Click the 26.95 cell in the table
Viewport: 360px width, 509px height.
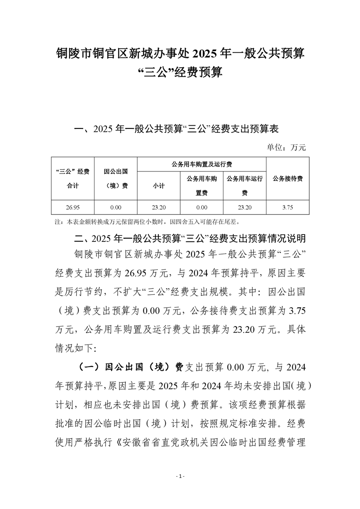(x=73, y=207)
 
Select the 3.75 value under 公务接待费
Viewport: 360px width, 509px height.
(x=288, y=207)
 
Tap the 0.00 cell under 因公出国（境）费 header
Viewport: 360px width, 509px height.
(x=116, y=207)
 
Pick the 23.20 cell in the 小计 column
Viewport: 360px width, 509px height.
(x=159, y=207)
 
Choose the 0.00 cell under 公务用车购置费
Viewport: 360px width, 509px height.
(x=202, y=207)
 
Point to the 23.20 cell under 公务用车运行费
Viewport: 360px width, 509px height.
(x=245, y=207)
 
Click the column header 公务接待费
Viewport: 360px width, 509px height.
(x=288, y=178)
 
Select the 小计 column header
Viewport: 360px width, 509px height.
(x=159, y=186)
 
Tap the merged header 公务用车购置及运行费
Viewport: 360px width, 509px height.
(x=202, y=164)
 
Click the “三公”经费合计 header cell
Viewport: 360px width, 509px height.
(x=73, y=178)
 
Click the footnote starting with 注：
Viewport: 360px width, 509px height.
(x=150, y=222)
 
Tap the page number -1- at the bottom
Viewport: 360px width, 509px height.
(x=180, y=476)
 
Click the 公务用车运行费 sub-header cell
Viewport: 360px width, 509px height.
(x=245, y=186)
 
